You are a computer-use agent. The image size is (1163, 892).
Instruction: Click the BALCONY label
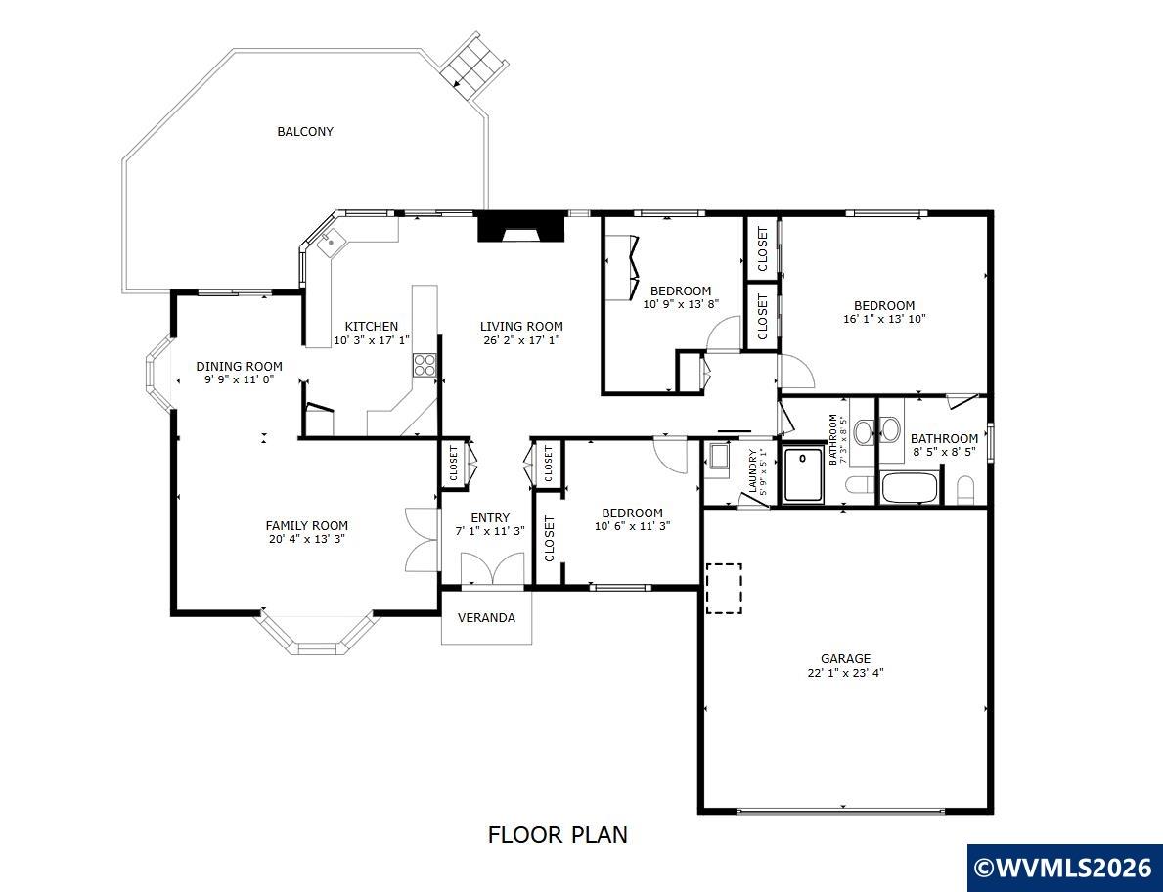305,132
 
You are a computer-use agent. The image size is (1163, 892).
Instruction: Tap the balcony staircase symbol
474,66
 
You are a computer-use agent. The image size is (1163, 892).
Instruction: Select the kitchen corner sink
329,243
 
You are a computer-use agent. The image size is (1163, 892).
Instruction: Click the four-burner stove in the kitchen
425,365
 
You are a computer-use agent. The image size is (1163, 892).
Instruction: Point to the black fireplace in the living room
520,227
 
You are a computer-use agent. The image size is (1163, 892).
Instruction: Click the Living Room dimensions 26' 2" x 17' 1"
520,340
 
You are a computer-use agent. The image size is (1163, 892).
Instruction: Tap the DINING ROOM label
239,367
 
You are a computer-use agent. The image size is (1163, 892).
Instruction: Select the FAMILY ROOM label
307,526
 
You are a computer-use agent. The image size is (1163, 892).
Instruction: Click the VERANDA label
486,618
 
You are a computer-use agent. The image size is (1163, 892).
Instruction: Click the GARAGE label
845,658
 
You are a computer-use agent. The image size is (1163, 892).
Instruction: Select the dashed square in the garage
724,589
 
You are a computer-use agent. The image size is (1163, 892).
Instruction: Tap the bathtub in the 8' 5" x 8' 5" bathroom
910,488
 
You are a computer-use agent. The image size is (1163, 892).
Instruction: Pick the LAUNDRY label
753,471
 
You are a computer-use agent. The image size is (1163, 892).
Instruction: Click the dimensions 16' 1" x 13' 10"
884,320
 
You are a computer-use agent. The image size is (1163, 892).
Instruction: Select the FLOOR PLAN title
558,835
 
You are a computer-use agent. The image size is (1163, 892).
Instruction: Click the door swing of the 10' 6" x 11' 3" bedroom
670,455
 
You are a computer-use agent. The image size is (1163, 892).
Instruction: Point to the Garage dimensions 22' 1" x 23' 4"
845,673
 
